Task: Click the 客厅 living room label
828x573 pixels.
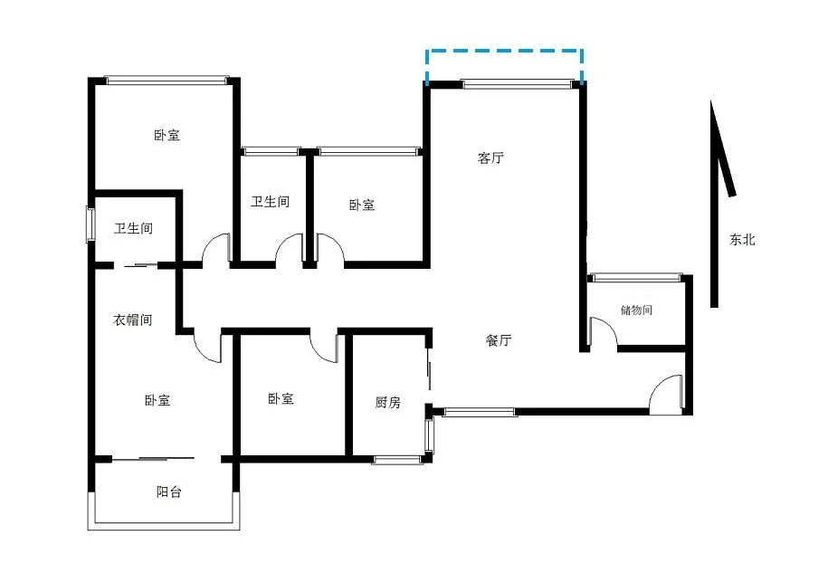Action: [490, 158]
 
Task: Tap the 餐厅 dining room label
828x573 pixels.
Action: [499, 340]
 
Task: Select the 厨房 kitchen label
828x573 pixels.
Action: [388, 403]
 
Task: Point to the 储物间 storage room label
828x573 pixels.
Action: [636, 310]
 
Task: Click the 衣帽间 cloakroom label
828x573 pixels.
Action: [133, 320]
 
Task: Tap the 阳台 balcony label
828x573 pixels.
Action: [169, 492]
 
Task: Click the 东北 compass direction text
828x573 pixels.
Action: [742, 240]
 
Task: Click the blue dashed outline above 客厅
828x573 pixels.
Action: [504, 51]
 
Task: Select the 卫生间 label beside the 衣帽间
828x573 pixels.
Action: [134, 228]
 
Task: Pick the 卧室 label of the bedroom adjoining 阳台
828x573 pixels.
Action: [157, 400]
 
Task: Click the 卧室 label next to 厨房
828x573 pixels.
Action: [281, 398]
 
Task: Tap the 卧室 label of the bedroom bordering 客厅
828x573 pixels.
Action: [362, 205]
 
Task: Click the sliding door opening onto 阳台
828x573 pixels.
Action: [153, 458]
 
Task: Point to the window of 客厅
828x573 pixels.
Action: [517, 83]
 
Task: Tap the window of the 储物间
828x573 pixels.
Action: [636, 277]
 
